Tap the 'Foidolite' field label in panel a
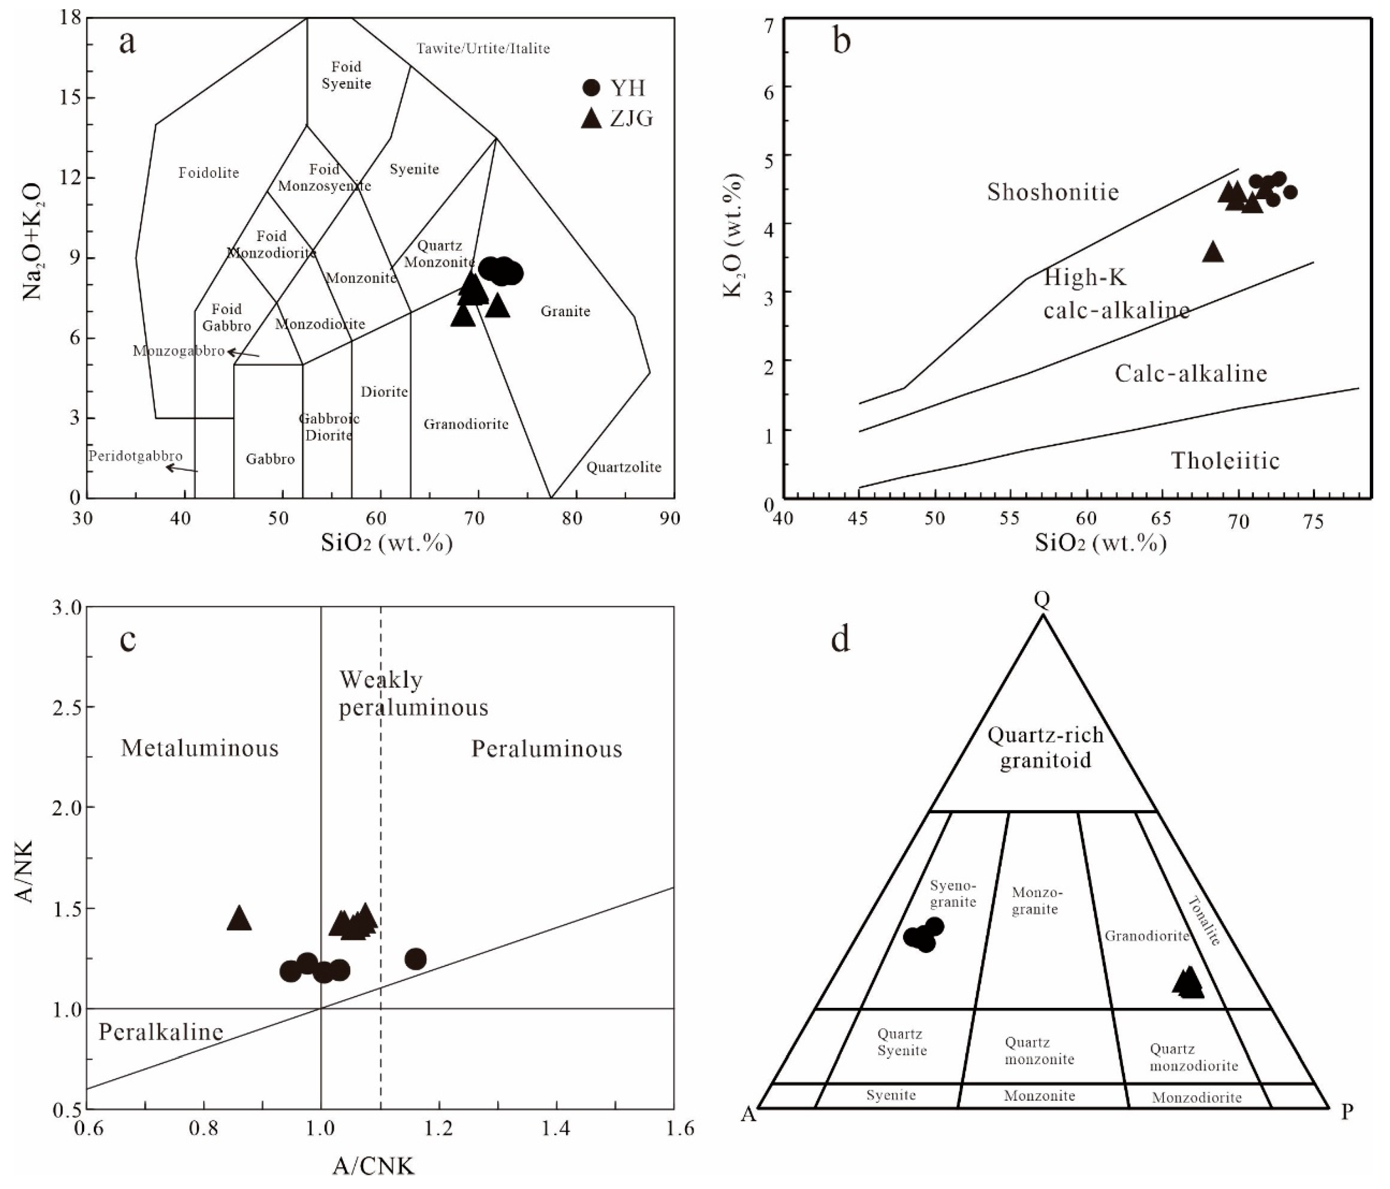click(x=208, y=173)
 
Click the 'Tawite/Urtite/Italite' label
click(x=483, y=48)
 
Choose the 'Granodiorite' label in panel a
click(x=466, y=424)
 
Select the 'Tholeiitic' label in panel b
click(x=1225, y=461)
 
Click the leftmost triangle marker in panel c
click(x=239, y=919)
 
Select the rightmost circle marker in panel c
click(x=416, y=959)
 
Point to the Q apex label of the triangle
click(x=1042, y=600)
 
